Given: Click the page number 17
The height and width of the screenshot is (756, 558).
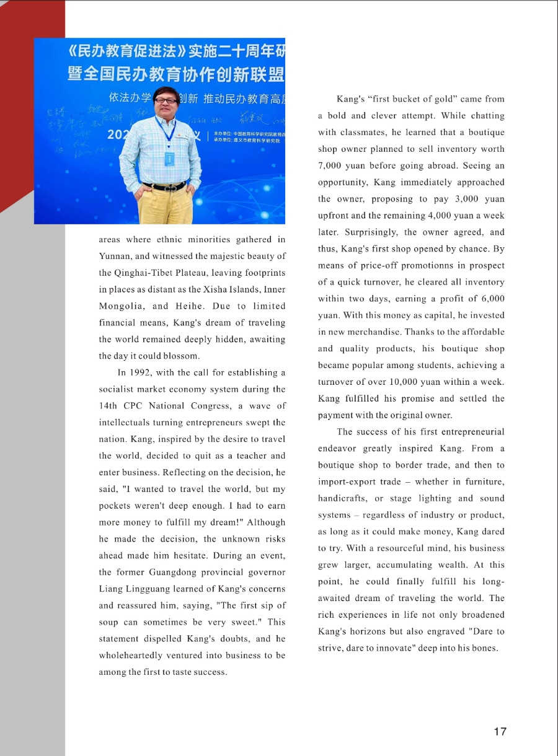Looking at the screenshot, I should point(500,731).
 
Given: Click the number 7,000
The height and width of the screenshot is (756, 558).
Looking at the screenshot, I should point(331,166).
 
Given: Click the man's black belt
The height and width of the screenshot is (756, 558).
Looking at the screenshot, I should point(164,186).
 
